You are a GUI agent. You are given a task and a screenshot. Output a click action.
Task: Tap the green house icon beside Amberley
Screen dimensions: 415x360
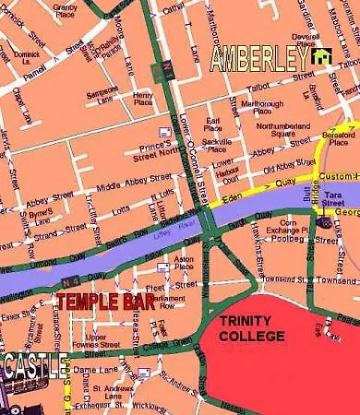tap(322, 58)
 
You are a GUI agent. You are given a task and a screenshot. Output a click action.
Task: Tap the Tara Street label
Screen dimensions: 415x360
tap(335, 205)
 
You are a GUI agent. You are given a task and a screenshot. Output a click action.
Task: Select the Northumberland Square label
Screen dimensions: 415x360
tap(289, 129)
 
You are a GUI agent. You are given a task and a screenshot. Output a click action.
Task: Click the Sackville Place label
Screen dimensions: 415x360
tap(217, 145)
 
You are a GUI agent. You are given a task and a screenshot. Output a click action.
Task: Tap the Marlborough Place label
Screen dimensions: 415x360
tap(262, 107)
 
